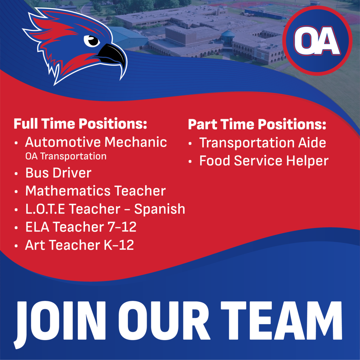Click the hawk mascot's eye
click(93, 40)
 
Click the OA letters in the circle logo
click(317, 41)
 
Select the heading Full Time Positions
click(80, 124)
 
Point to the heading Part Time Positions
click(257, 124)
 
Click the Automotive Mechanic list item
click(96, 142)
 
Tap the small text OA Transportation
click(66, 156)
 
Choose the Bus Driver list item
click(58, 173)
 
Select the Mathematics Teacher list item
click(95, 191)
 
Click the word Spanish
click(160, 209)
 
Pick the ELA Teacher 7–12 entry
click(81, 227)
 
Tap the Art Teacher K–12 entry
click(79, 245)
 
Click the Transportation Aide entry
click(263, 143)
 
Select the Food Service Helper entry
click(264, 161)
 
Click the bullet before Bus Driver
click(17, 174)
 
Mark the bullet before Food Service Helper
click(191, 162)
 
